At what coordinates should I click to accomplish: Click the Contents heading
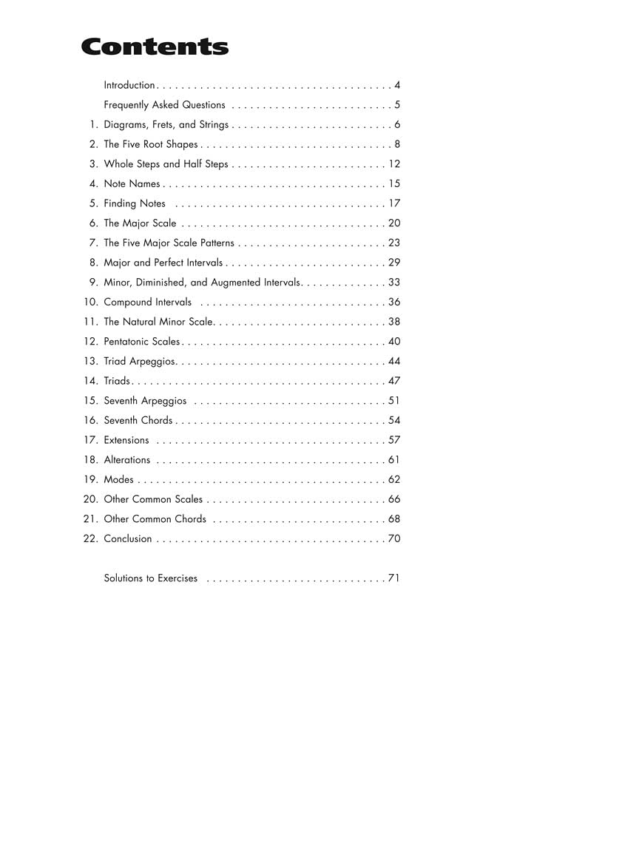click(x=155, y=47)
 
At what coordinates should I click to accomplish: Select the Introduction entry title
click(x=129, y=85)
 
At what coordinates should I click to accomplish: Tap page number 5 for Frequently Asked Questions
click(x=397, y=105)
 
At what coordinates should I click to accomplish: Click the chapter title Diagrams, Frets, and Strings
click(x=166, y=125)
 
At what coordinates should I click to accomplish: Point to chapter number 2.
click(x=93, y=144)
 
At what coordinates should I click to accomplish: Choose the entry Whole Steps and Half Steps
click(x=166, y=164)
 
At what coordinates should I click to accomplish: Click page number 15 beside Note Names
click(x=394, y=183)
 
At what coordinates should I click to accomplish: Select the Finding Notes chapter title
click(x=135, y=203)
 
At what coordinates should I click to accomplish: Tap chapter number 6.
click(x=93, y=223)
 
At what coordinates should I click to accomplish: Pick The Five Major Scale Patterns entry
click(x=169, y=243)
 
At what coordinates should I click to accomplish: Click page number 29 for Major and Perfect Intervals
click(x=394, y=263)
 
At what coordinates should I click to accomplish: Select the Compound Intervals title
click(x=147, y=302)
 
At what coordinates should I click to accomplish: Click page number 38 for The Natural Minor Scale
click(x=394, y=322)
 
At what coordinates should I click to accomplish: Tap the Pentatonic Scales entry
click(x=141, y=342)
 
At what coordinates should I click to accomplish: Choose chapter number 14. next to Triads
click(x=91, y=381)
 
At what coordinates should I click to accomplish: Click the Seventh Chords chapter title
click(x=138, y=420)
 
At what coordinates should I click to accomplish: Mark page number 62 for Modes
click(x=394, y=479)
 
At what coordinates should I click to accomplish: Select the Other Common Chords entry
click(x=155, y=519)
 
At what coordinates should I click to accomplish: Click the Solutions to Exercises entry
click(x=150, y=578)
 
